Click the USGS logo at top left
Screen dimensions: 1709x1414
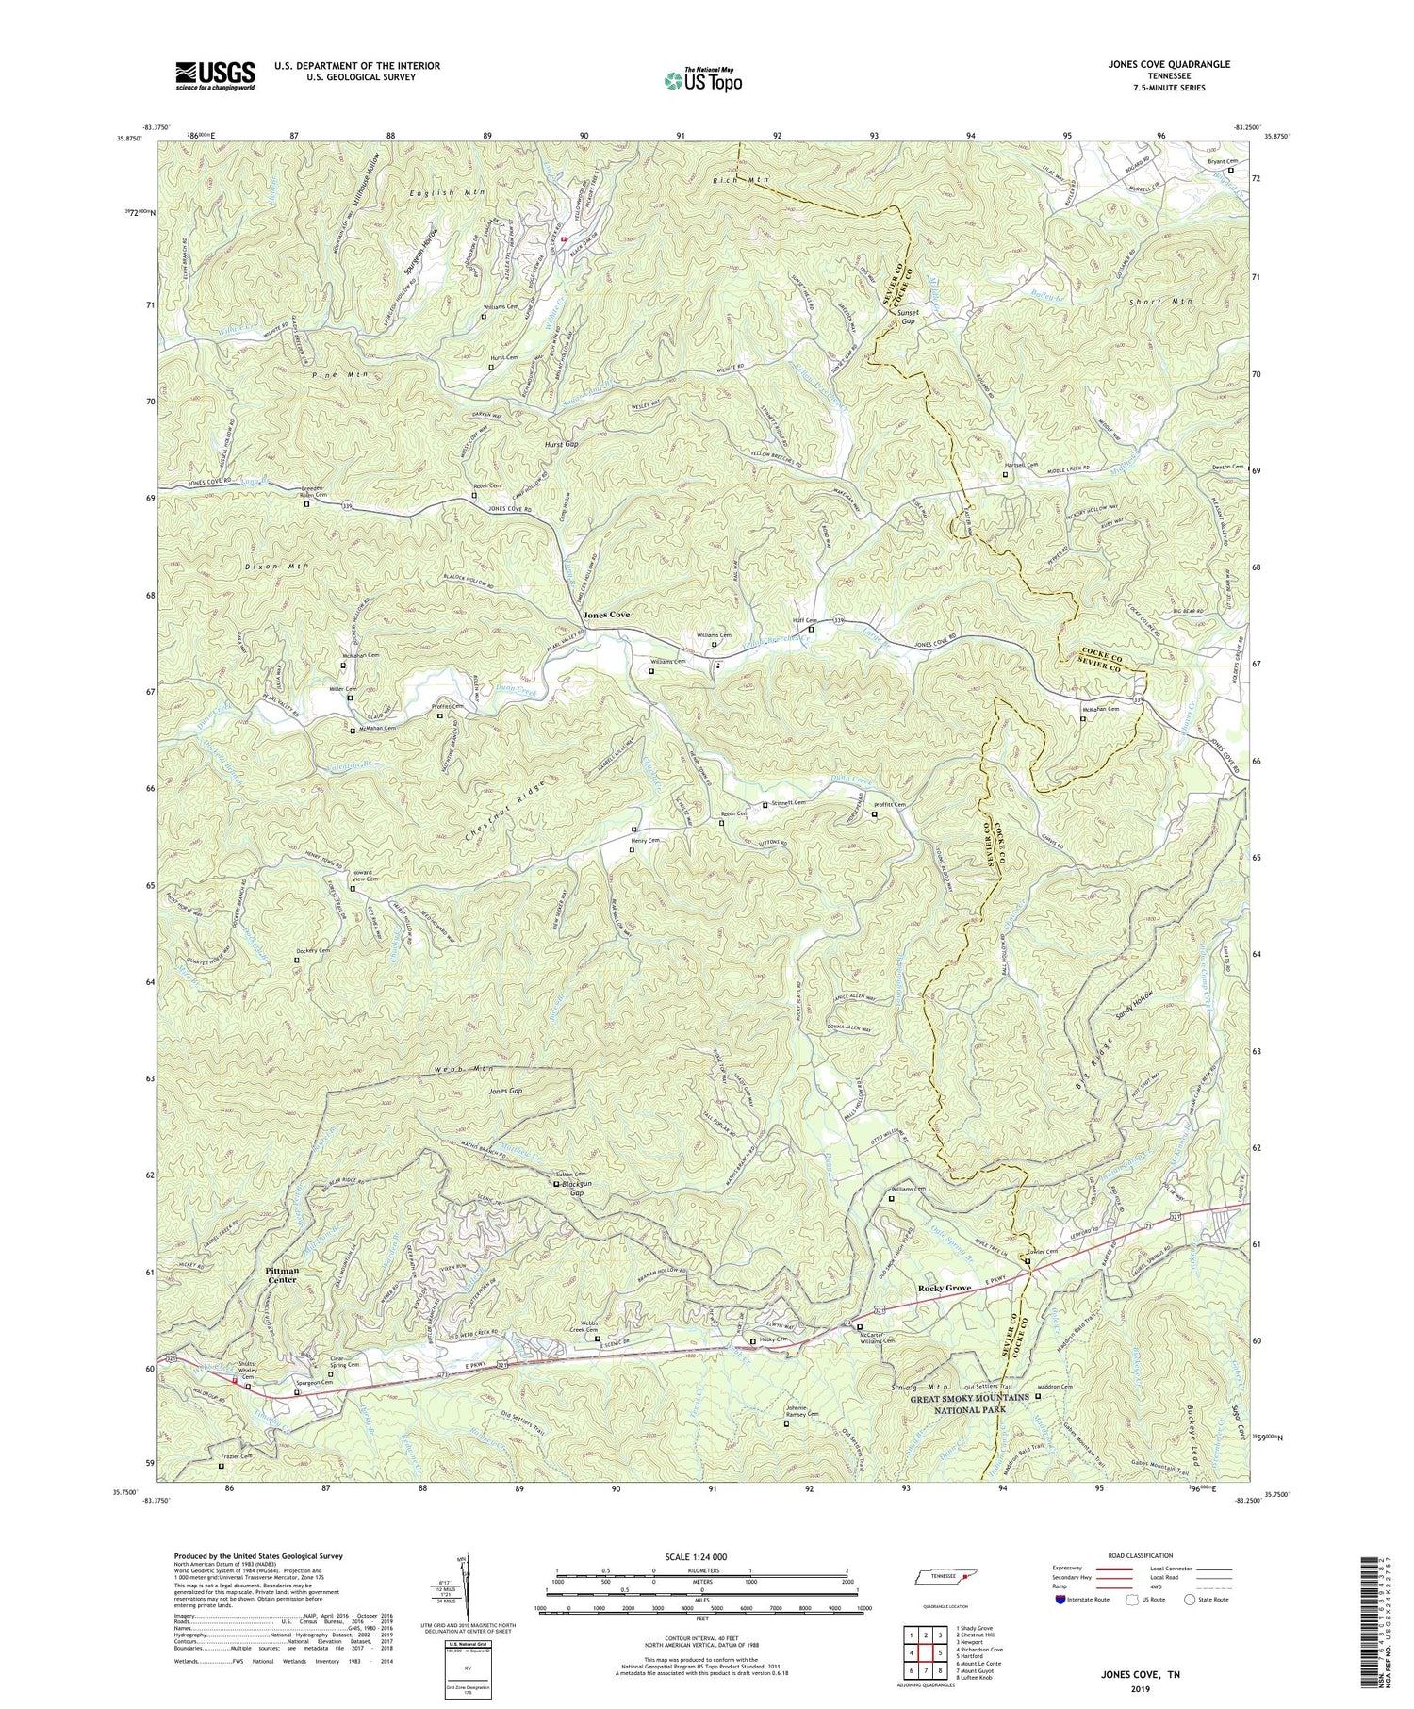pyautogui.click(x=215, y=74)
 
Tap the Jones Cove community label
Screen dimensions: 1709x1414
pyautogui.click(x=606, y=615)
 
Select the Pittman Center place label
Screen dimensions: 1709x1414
pyautogui.click(x=282, y=1274)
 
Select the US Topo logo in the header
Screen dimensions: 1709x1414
pyautogui.click(x=701, y=79)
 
